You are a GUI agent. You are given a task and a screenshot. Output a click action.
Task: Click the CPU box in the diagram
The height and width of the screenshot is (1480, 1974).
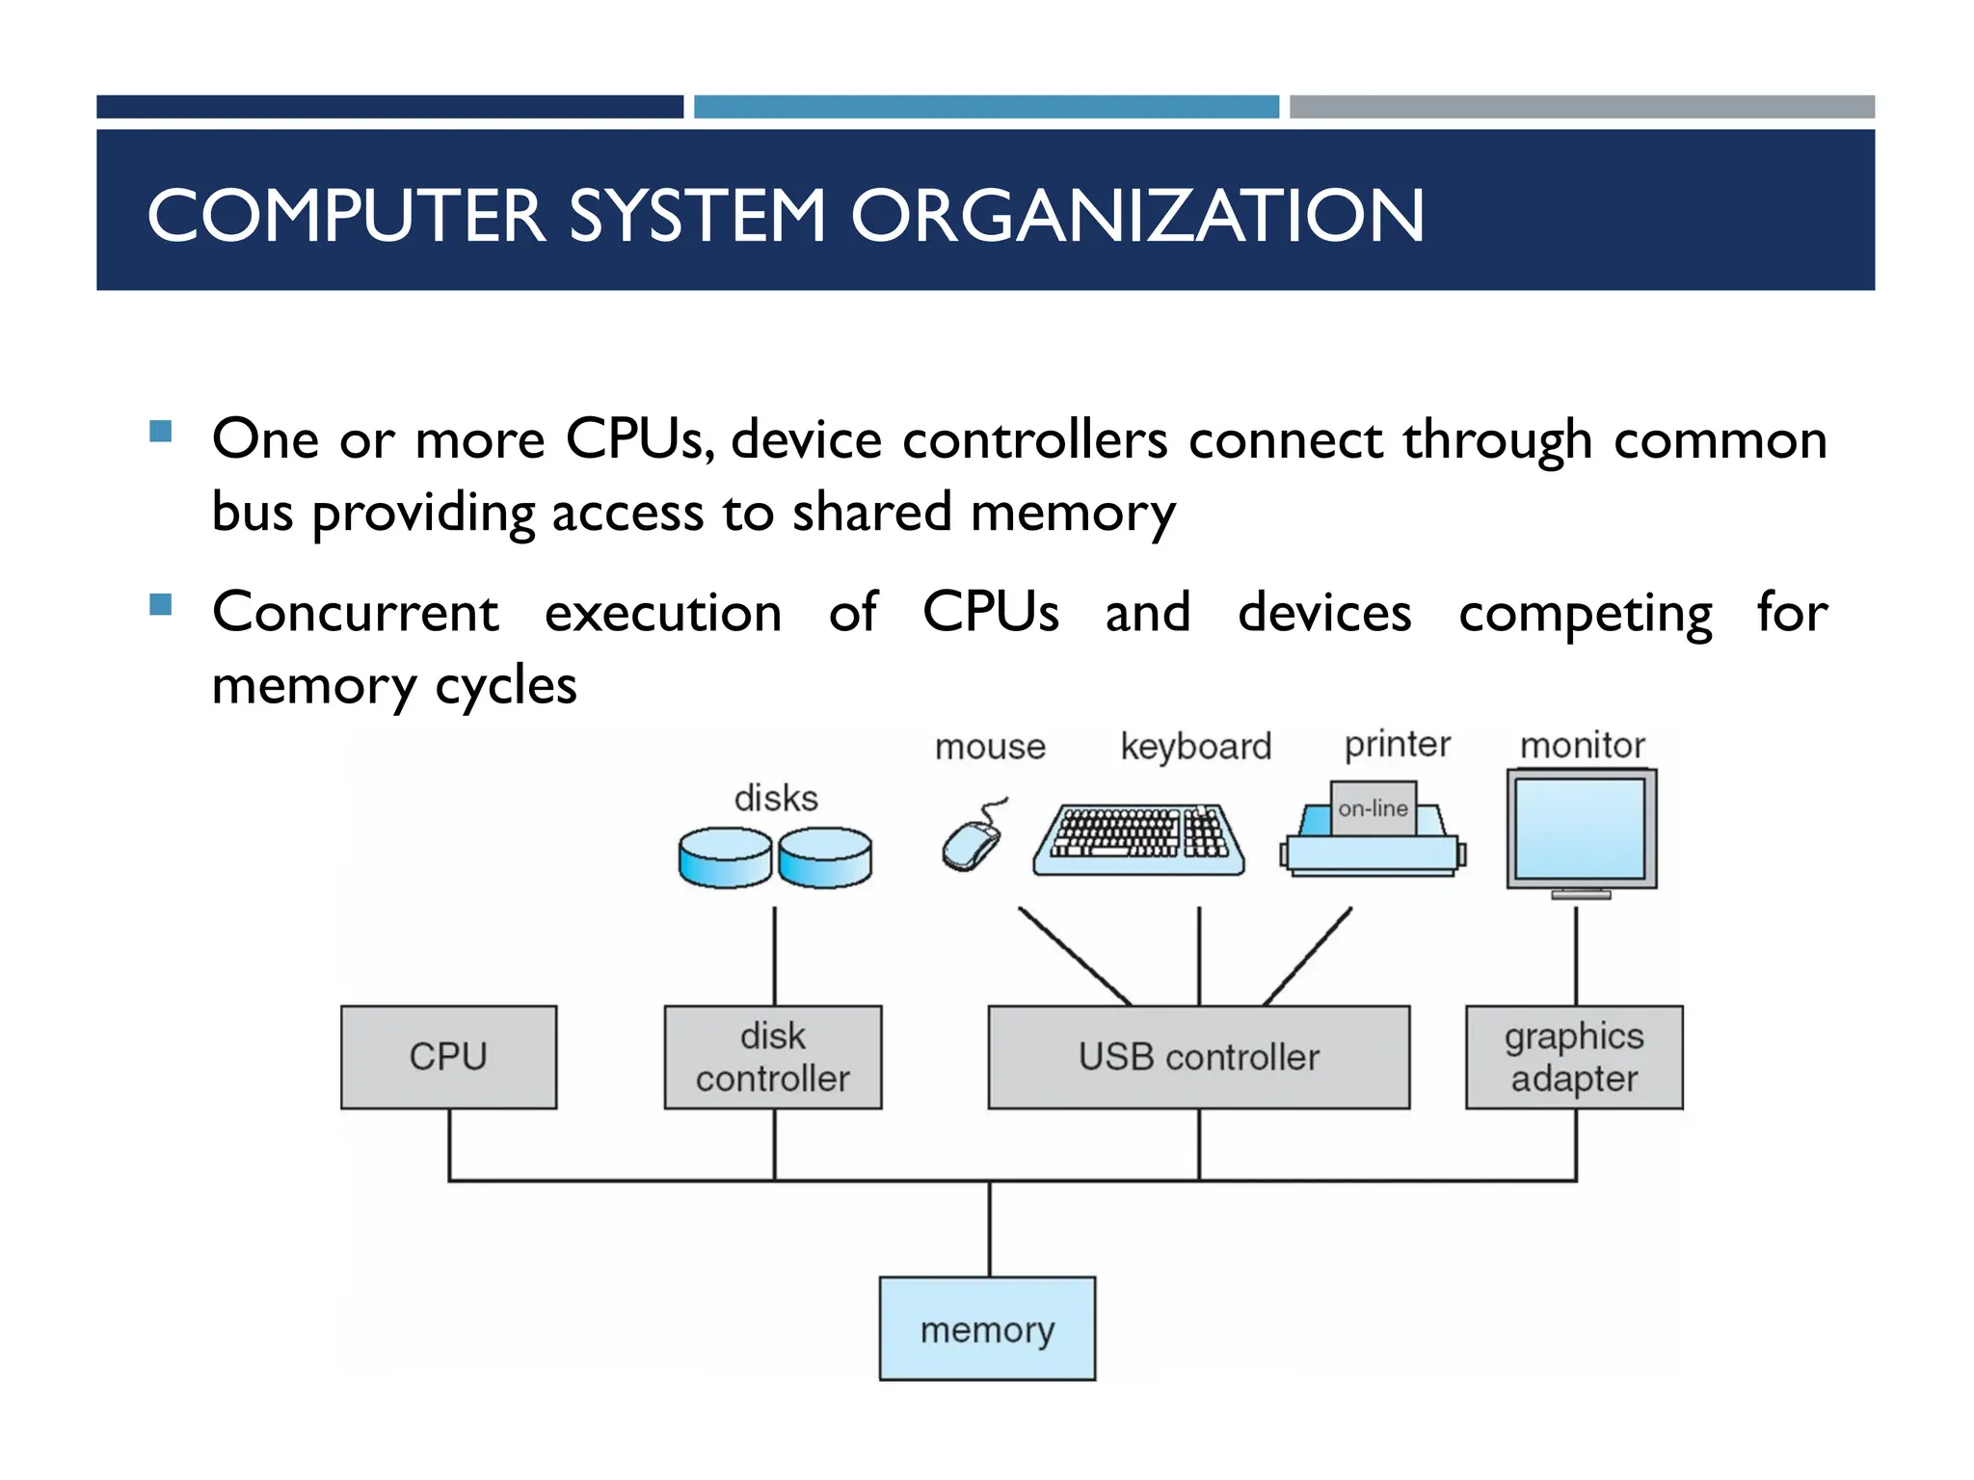tap(448, 1057)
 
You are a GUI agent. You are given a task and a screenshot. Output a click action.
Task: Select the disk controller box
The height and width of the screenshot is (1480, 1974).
tap(772, 1057)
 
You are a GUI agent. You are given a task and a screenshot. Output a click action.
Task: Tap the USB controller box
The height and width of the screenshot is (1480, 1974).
tap(1198, 1057)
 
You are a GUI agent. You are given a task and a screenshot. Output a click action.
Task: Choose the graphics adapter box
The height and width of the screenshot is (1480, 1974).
tap(1574, 1057)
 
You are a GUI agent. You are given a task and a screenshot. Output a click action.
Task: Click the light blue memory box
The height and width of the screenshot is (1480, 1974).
tap(987, 1329)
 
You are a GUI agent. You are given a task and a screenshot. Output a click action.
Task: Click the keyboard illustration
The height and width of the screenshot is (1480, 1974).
tap(1138, 839)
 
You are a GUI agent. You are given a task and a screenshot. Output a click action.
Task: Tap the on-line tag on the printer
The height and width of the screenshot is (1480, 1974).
tap(1373, 808)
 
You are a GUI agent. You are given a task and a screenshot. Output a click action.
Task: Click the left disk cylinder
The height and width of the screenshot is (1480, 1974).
tap(725, 857)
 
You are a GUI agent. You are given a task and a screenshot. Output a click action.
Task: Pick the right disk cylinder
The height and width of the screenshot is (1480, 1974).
tap(825, 857)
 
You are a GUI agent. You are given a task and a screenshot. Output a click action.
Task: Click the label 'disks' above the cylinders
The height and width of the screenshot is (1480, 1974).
tap(776, 798)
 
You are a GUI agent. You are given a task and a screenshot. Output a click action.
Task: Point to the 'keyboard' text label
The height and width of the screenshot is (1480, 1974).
tap(1196, 747)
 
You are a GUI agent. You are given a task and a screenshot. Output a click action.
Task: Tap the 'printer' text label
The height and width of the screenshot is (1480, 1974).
tap(1398, 744)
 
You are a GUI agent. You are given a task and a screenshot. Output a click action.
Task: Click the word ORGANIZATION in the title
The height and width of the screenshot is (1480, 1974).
tap(1137, 215)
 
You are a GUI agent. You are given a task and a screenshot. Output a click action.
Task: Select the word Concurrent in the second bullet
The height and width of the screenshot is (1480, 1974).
tap(355, 613)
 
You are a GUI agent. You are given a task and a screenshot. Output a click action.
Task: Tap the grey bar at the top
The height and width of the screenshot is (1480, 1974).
tap(1582, 106)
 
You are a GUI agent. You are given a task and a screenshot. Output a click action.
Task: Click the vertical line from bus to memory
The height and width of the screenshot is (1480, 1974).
tap(990, 1229)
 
